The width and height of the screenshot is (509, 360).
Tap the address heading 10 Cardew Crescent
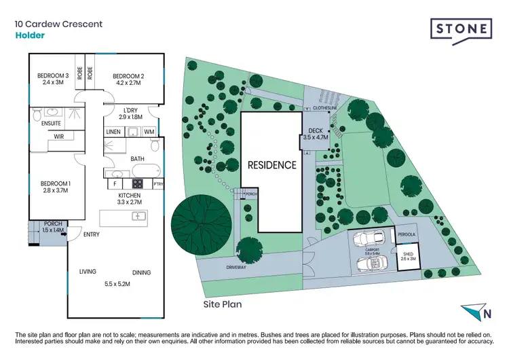[59, 24]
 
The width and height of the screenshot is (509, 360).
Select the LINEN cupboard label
[114, 131]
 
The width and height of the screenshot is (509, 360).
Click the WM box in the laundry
[149, 131]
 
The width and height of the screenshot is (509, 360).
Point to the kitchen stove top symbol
[137, 183]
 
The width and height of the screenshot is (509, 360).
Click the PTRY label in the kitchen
[158, 183]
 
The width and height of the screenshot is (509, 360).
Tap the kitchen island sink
[139, 216]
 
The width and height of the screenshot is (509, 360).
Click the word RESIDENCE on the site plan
[271, 164]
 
